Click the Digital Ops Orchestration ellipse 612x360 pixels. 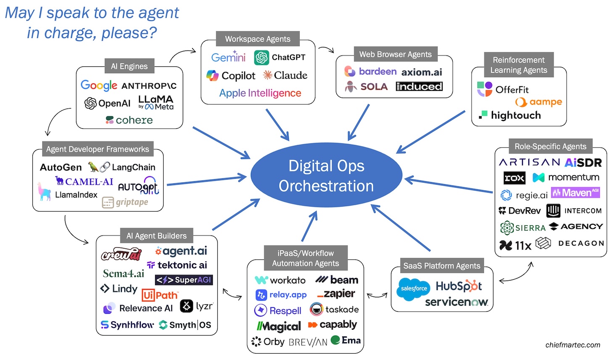326,176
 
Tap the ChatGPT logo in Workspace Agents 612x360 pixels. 280,58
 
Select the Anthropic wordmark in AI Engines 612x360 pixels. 149,86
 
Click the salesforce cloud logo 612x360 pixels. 414,289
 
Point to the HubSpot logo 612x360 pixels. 459,286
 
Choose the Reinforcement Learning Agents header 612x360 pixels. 518,65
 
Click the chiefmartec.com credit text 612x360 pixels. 572,345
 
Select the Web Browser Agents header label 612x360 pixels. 395,54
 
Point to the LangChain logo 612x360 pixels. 122,167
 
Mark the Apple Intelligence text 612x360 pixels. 260,93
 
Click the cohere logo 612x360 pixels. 129,120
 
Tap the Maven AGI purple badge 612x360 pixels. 575,193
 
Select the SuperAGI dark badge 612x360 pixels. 184,280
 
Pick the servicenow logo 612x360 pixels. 456,302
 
